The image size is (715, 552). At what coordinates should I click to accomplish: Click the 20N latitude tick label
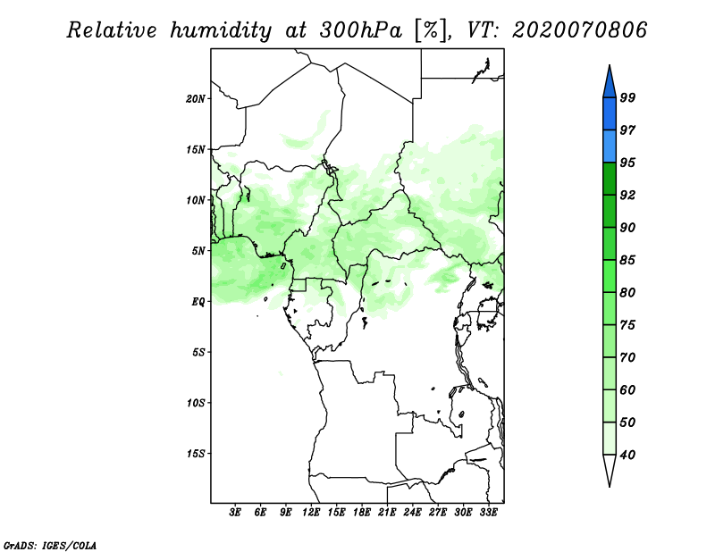pos(197,98)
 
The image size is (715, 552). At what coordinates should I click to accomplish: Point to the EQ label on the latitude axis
pos(198,302)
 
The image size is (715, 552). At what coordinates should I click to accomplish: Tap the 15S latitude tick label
pos(197,454)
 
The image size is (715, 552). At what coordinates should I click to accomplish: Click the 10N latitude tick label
pos(197,200)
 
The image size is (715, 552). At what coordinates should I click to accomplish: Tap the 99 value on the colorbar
pos(627,97)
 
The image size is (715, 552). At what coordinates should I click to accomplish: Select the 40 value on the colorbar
pos(627,455)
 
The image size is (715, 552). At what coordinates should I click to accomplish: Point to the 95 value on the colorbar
pos(627,163)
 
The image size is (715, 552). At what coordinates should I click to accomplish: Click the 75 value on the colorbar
pos(627,325)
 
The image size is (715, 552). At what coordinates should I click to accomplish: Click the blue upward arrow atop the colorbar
pos(609,80)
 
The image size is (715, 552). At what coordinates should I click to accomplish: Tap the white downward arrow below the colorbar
pos(609,471)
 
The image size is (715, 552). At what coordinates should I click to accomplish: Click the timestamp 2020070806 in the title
pos(580,30)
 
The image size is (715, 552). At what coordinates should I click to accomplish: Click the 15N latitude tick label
pos(197,149)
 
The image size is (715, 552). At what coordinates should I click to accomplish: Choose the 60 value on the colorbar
pos(627,389)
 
